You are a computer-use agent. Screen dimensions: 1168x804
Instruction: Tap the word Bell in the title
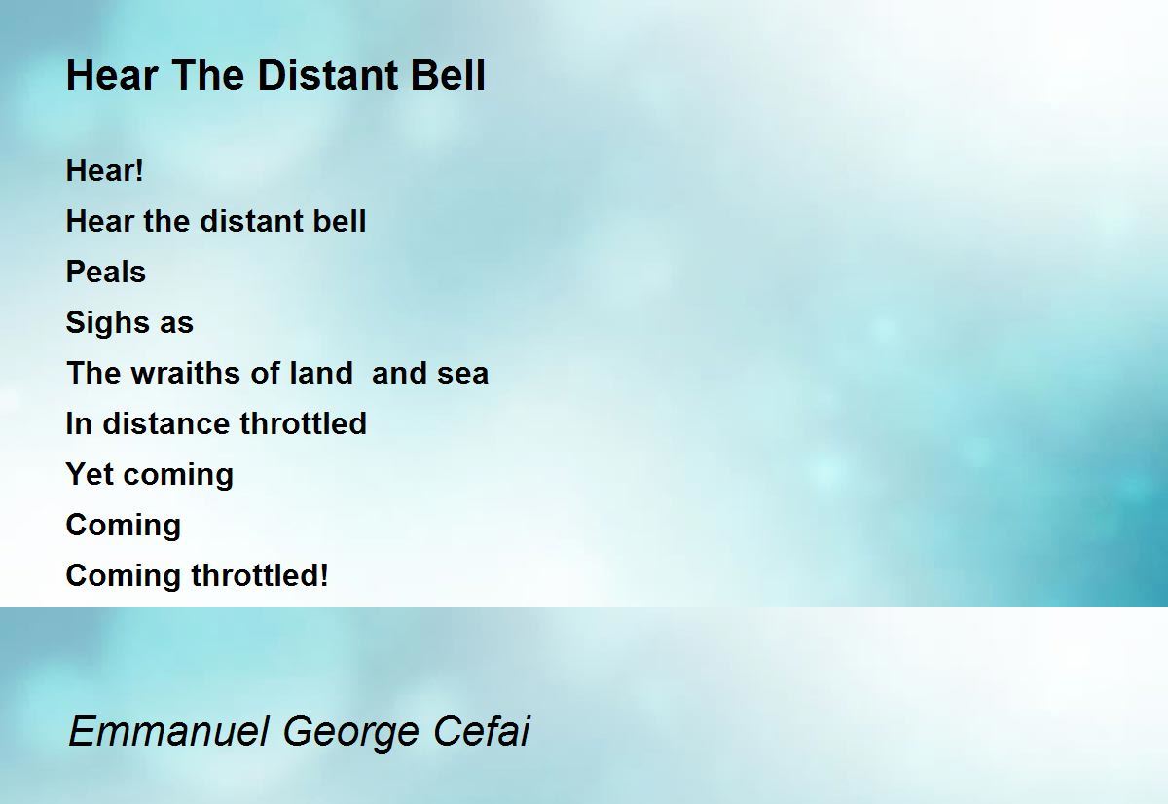[448, 75]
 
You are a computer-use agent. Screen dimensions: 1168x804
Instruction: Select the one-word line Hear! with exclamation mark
[104, 170]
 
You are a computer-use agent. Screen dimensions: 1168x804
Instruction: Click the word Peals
[106, 272]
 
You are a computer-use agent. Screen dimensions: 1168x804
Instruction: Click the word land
[321, 373]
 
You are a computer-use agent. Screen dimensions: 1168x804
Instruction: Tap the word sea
[463, 375]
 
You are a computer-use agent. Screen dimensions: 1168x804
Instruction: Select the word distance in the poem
[166, 423]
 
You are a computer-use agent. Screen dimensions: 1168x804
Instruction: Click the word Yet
[90, 474]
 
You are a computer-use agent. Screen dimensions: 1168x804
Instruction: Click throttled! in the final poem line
[260, 575]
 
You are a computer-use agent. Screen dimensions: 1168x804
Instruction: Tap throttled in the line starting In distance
[303, 423]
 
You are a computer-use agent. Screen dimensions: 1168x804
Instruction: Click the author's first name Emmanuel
[169, 731]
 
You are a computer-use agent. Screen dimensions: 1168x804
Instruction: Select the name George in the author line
[350, 734]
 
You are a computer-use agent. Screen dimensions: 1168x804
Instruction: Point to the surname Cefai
[481, 731]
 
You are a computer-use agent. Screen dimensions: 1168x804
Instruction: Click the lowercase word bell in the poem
[340, 221]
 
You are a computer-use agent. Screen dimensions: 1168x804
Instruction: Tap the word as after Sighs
[176, 324]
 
